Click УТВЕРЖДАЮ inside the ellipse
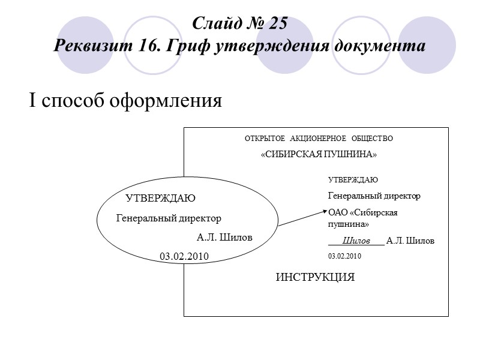(x=160, y=199)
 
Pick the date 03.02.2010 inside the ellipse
(x=184, y=257)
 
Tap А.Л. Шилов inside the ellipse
(x=224, y=238)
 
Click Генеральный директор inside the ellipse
(x=169, y=218)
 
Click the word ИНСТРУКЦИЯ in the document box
(x=315, y=278)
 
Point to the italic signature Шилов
(x=356, y=241)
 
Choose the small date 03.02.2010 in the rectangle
(x=345, y=256)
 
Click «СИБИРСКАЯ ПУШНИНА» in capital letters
(x=319, y=155)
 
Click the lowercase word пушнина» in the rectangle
(x=348, y=224)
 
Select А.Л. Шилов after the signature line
(x=410, y=241)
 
